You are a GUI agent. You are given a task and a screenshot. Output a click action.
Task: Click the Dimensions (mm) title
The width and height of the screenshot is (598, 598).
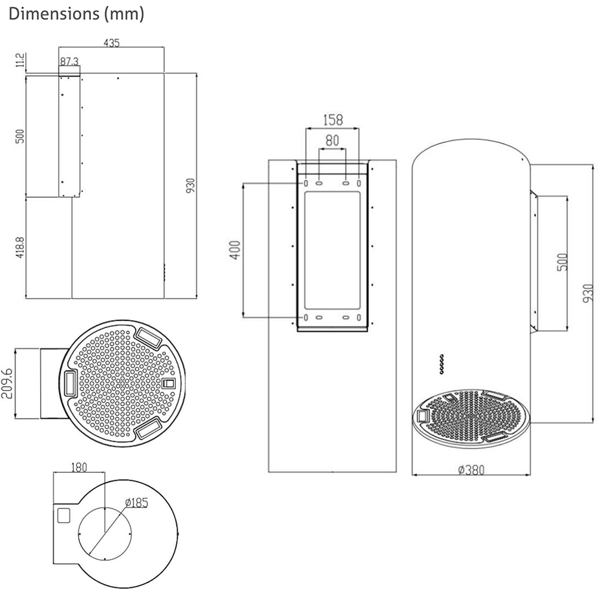pos(77,14)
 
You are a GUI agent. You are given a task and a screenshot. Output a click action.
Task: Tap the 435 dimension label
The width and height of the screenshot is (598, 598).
pos(112,43)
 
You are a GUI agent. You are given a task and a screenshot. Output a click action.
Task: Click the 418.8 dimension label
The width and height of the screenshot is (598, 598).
pos(20,248)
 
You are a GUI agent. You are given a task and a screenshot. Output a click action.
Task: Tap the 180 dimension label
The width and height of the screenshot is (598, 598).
pos(79,466)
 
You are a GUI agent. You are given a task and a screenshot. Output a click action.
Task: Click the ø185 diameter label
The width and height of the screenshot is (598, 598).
pos(136,502)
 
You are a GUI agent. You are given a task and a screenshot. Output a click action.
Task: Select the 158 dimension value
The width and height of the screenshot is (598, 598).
pos(332,120)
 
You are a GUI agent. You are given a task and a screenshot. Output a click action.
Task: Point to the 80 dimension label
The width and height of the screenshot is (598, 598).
pos(332,141)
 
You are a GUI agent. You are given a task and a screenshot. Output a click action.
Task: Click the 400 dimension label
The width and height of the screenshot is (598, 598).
pos(234,250)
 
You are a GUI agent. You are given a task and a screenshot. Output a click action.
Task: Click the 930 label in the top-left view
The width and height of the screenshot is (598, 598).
pos(191,186)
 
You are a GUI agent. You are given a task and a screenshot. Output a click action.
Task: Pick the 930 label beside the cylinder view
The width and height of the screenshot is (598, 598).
pos(588,293)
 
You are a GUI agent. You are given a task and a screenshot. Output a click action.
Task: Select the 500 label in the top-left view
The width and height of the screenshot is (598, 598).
pos(20,136)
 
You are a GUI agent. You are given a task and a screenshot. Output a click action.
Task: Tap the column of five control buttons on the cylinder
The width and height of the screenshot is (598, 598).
pos(441,364)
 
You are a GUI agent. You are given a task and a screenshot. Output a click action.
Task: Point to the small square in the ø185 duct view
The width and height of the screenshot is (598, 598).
pos(63,514)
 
